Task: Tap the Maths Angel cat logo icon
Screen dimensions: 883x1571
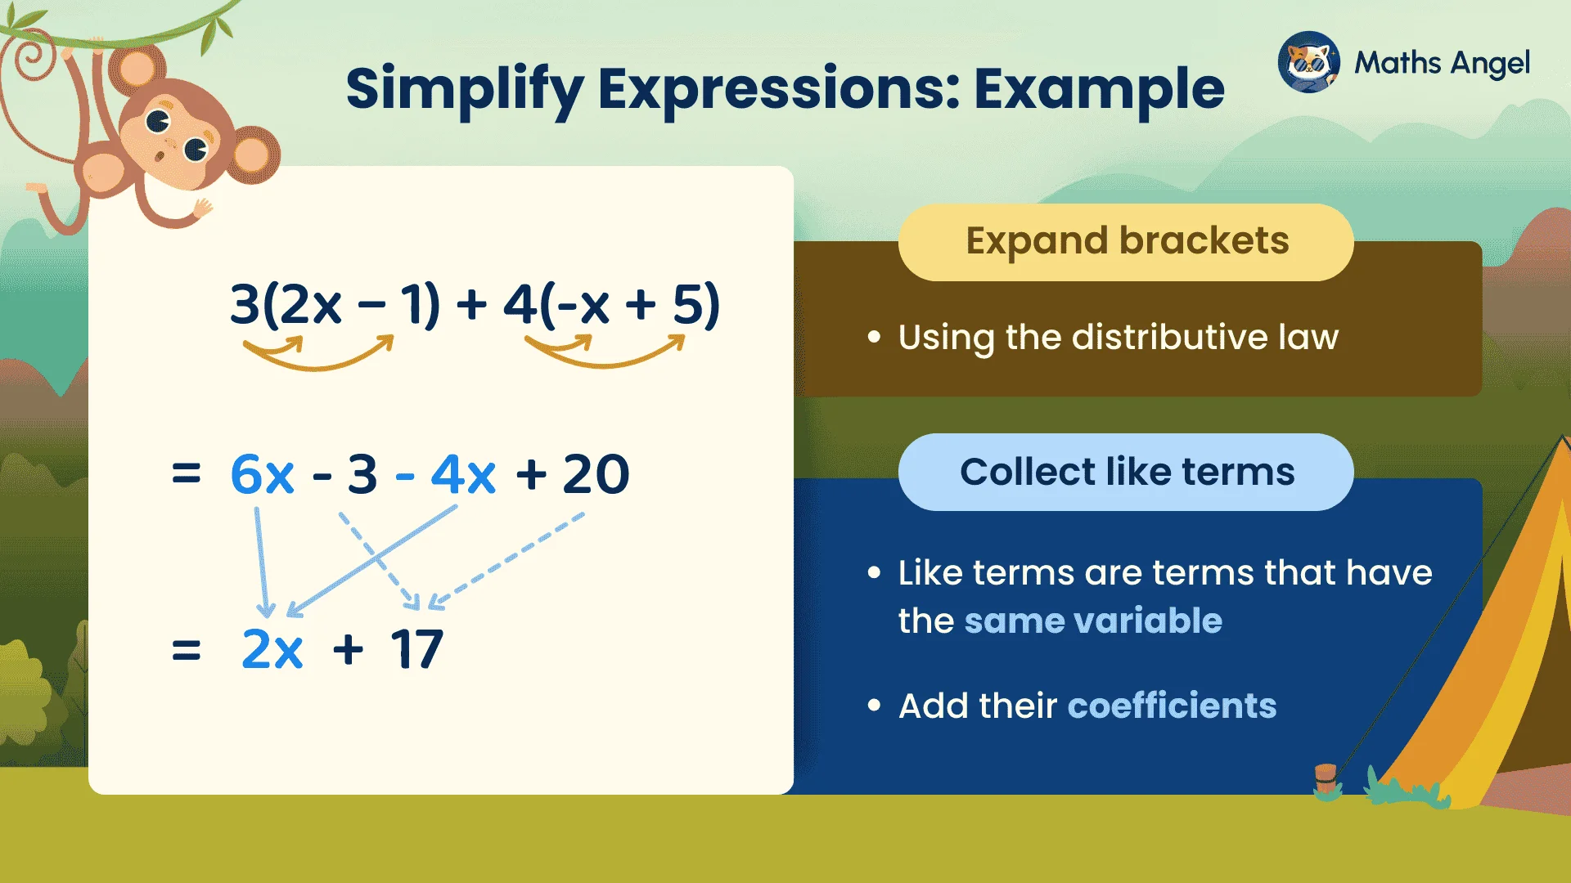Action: coord(1308,63)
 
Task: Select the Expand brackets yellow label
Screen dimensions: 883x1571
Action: coord(1126,242)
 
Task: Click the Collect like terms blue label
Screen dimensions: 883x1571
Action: coord(1126,473)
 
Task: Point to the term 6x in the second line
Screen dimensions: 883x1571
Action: coord(262,474)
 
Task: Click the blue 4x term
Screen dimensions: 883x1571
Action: coord(463,474)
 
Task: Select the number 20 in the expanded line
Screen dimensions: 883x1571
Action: coord(596,474)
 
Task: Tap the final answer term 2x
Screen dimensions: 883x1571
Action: coord(272,650)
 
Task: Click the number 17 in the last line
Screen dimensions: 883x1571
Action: coord(416,650)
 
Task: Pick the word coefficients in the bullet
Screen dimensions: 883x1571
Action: coord(1172,706)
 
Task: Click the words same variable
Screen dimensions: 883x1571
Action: coord(1093,621)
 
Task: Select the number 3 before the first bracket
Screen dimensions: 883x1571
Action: coord(245,304)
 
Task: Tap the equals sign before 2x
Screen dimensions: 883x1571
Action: coord(187,651)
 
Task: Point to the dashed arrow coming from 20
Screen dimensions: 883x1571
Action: coord(507,561)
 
